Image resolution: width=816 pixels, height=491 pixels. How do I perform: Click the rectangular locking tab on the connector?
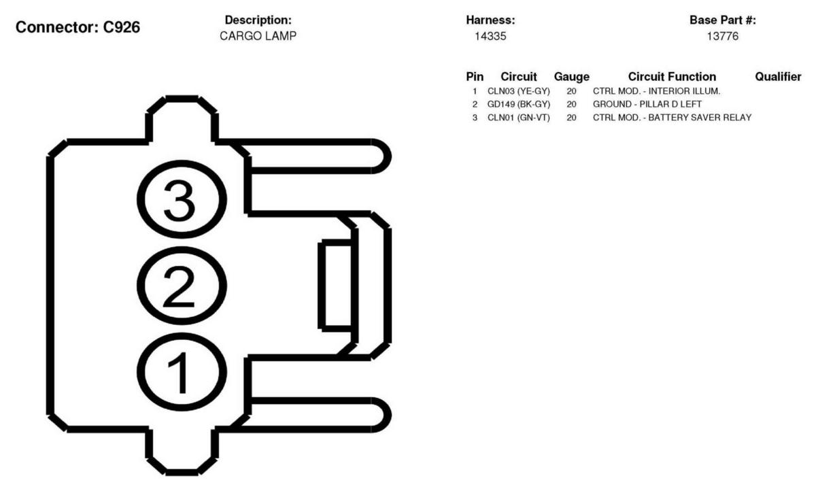coord(320,286)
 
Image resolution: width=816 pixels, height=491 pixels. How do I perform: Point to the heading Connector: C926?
coord(78,27)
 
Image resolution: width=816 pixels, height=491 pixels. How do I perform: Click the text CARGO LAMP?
coord(258,36)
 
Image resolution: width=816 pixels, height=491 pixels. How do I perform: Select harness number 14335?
coord(490,36)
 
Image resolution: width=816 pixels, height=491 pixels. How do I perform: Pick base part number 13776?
coord(722,36)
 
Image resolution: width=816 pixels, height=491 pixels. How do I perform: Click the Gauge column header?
coord(572,77)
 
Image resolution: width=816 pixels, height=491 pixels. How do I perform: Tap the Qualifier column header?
coord(778,76)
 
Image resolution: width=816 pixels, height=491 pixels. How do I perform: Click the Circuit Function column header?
coord(672,76)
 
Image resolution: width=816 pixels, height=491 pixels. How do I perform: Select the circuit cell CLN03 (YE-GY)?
coord(519,91)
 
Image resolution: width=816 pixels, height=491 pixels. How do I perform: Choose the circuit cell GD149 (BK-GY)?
coord(519,104)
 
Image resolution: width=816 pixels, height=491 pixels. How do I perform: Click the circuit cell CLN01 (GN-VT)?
coord(519,118)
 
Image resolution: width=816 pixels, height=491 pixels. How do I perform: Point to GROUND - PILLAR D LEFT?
coord(647,104)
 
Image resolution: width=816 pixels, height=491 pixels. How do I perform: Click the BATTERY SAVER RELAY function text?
coord(700,118)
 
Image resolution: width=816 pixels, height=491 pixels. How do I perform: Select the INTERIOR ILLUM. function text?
coord(684,91)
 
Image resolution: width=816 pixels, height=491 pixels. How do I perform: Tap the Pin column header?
coord(475,76)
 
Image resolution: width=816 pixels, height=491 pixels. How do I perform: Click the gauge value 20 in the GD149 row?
coord(572,104)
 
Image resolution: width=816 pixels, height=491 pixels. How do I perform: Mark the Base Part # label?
coord(723,20)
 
